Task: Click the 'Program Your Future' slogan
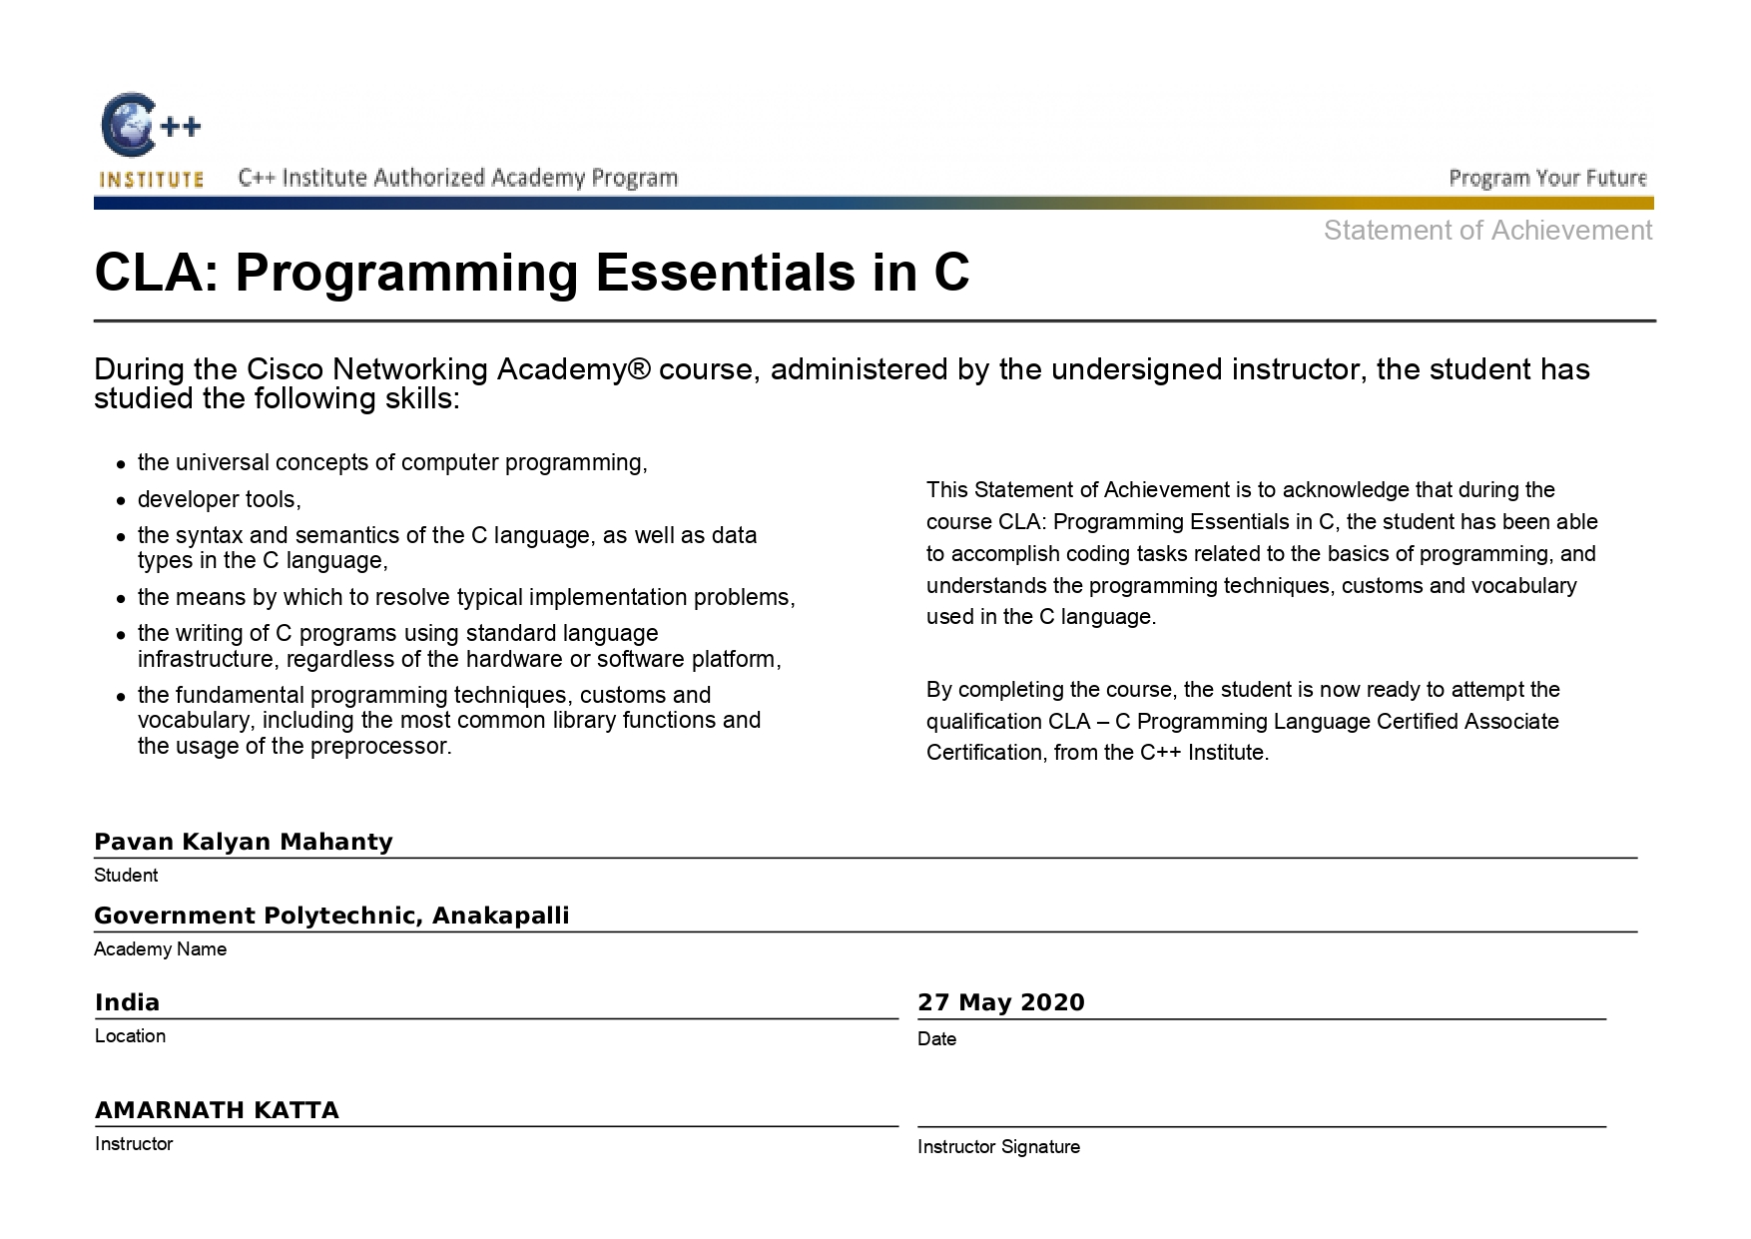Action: point(1547,179)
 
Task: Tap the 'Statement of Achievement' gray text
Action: point(1487,231)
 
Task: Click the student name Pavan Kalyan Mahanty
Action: point(244,842)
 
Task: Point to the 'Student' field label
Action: point(126,876)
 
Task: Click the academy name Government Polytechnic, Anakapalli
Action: point(331,916)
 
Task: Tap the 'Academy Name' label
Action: point(160,949)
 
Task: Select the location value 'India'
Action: point(128,1002)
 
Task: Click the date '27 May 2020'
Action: point(1000,1002)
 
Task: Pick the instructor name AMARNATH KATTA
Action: point(217,1110)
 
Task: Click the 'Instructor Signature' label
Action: point(998,1147)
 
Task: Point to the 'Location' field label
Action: point(130,1036)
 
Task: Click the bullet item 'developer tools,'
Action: point(219,499)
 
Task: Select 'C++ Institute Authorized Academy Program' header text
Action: point(458,179)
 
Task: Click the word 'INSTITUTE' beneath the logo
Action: point(151,180)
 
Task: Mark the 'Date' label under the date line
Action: point(936,1039)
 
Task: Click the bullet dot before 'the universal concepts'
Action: point(120,464)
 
